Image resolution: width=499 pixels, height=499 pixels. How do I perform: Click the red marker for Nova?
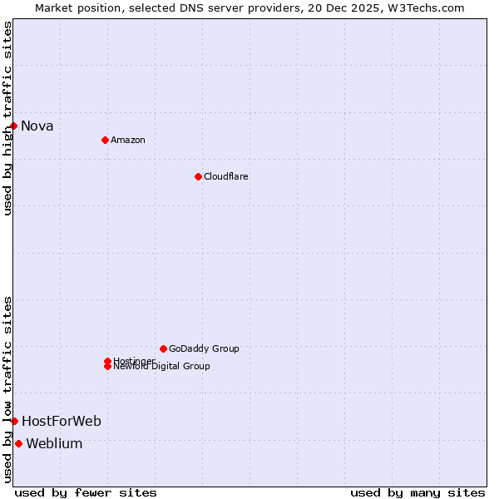[14, 126]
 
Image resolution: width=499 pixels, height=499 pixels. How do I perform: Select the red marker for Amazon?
[105, 140]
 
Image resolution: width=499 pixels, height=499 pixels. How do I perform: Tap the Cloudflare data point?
[198, 176]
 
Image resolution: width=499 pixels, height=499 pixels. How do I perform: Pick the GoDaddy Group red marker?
[163, 348]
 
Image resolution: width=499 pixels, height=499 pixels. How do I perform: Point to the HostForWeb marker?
[14, 421]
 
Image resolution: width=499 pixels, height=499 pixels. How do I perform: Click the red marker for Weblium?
[18, 443]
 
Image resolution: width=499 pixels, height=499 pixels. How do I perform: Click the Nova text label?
[37, 126]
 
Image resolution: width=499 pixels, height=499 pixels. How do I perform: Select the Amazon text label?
[128, 140]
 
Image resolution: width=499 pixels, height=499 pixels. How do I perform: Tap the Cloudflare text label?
[226, 176]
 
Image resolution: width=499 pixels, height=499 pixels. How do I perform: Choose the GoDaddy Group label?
[204, 348]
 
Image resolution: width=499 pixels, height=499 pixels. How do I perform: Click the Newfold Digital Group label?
[162, 367]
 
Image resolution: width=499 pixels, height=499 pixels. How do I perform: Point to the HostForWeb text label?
[62, 422]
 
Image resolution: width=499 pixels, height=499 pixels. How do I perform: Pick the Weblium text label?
[55, 444]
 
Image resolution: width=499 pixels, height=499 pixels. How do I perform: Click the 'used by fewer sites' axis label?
[86, 493]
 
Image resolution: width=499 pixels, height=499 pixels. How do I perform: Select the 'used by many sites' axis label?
[417, 493]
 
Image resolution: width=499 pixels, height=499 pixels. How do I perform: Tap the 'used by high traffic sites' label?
[7, 118]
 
